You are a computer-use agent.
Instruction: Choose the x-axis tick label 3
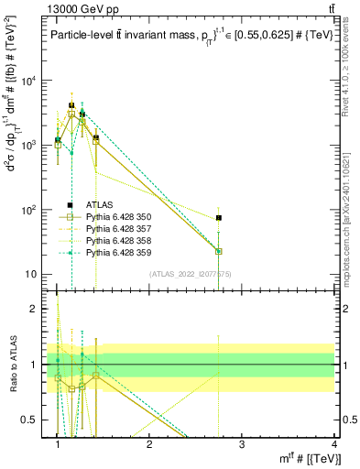click(241, 444)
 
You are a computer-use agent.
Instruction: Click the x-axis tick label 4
click(333, 444)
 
